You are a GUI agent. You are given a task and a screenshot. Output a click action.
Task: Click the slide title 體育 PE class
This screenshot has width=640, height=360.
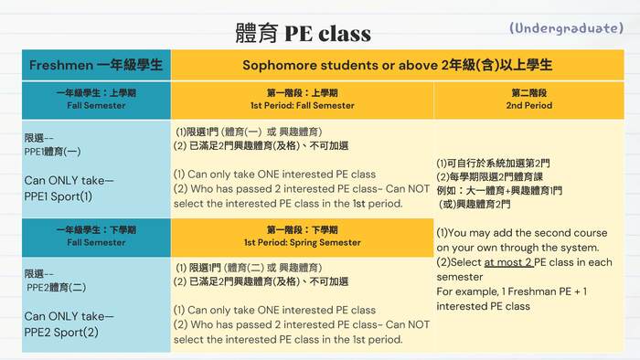(x=303, y=34)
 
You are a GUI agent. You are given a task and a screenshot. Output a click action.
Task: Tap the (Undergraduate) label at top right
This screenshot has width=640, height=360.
(x=566, y=28)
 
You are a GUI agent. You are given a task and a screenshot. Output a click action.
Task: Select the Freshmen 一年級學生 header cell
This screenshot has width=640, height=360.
(x=96, y=66)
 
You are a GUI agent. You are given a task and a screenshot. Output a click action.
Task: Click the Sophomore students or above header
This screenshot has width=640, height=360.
(x=397, y=66)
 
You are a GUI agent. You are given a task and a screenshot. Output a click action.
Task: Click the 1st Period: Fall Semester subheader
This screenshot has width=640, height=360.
(x=302, y=100)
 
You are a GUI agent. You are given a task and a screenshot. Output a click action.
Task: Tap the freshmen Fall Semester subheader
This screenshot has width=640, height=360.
(x=96, y=100)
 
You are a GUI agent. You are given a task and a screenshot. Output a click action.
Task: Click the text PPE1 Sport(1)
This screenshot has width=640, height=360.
(x=59, y=196)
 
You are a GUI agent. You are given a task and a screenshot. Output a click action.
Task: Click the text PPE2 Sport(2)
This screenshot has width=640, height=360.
(x=60, y=332)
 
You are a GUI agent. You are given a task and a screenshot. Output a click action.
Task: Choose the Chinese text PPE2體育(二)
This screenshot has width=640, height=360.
(x=56, y=287)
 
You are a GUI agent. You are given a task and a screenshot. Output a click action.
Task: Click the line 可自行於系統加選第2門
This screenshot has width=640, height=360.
(x=493, y=164)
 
